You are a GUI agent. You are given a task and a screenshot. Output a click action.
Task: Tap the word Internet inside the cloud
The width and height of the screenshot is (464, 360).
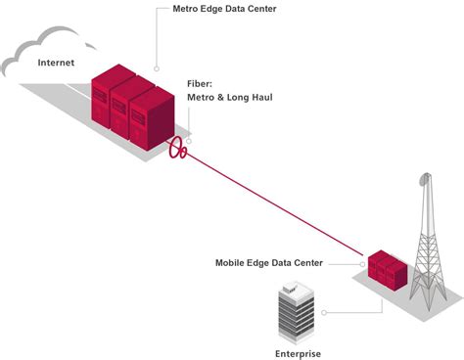[x=55, y=63]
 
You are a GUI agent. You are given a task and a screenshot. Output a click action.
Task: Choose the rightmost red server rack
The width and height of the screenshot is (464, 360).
[x=148, y=120]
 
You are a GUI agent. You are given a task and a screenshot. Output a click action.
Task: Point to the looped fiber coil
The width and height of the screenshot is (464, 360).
[x=177, y=149]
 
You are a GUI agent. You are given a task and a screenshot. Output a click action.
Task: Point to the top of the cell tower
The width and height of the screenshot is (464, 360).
[x=424, y=179]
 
